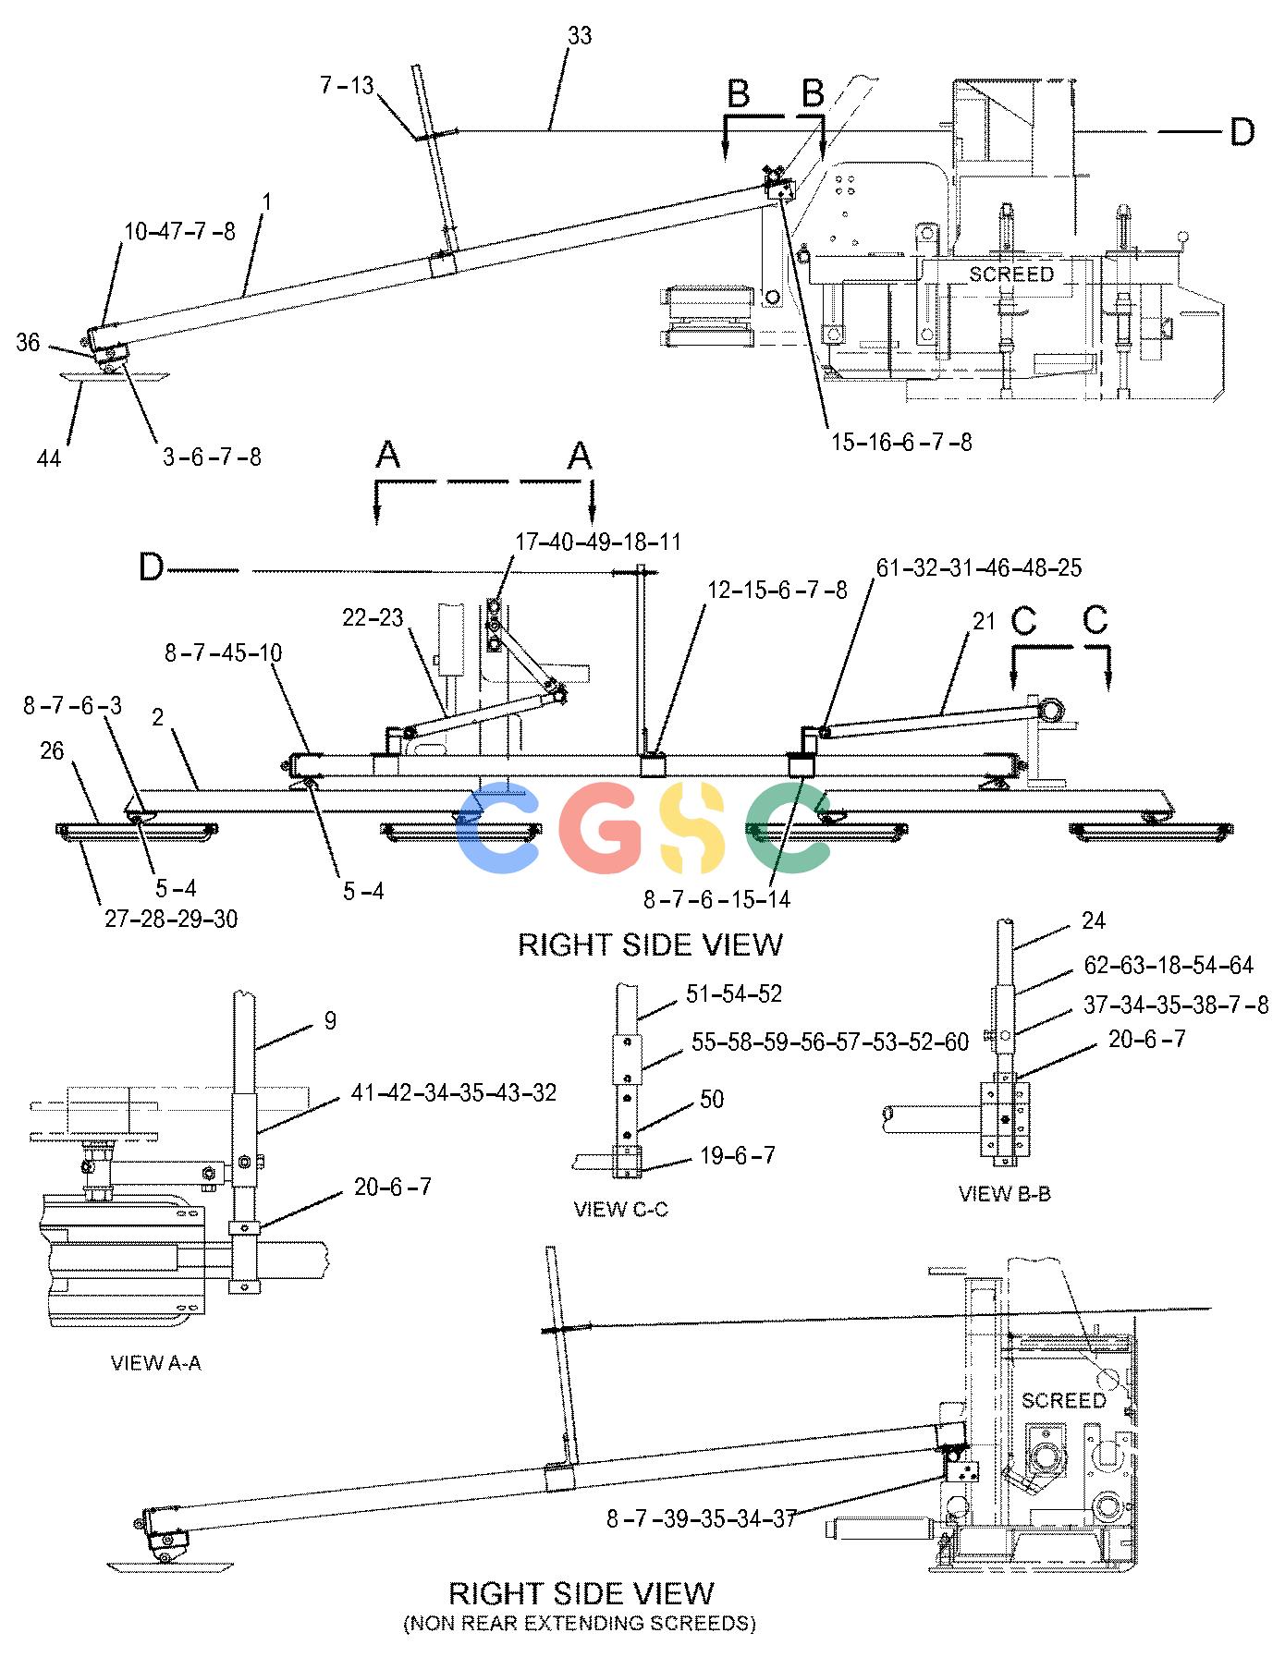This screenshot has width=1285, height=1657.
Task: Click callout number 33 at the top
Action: pos(580,36)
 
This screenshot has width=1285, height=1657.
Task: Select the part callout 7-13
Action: pos(347,86)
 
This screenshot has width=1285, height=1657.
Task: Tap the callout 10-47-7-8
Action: pos(179,231)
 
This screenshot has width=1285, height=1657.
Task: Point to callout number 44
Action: pos(49,457)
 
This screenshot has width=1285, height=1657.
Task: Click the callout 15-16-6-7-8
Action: pos(901,442)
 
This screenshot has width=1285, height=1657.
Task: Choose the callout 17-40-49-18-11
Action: pos(597,541)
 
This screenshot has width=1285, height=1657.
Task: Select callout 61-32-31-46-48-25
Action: pos(979,567)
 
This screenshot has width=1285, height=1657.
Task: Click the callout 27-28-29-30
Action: pos(171,919)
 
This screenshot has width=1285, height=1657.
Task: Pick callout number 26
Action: pos(53,750)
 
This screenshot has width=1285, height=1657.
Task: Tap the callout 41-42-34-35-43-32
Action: pos(454,1092)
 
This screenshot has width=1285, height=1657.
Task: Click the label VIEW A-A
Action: pos(155,1363)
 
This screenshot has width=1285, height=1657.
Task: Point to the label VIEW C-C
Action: pos(620,1210)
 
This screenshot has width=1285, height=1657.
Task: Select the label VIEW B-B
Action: pos(1005,1193)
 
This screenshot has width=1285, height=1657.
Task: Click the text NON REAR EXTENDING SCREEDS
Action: pos(580,1623)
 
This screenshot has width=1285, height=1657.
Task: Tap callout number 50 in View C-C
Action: pos(712,1099)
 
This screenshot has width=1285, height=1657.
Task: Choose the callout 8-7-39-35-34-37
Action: pos(702,1518)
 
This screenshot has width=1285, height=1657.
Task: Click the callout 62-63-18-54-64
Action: pos(1169,966)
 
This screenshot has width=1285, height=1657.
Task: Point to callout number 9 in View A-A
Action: pos(330,1020)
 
